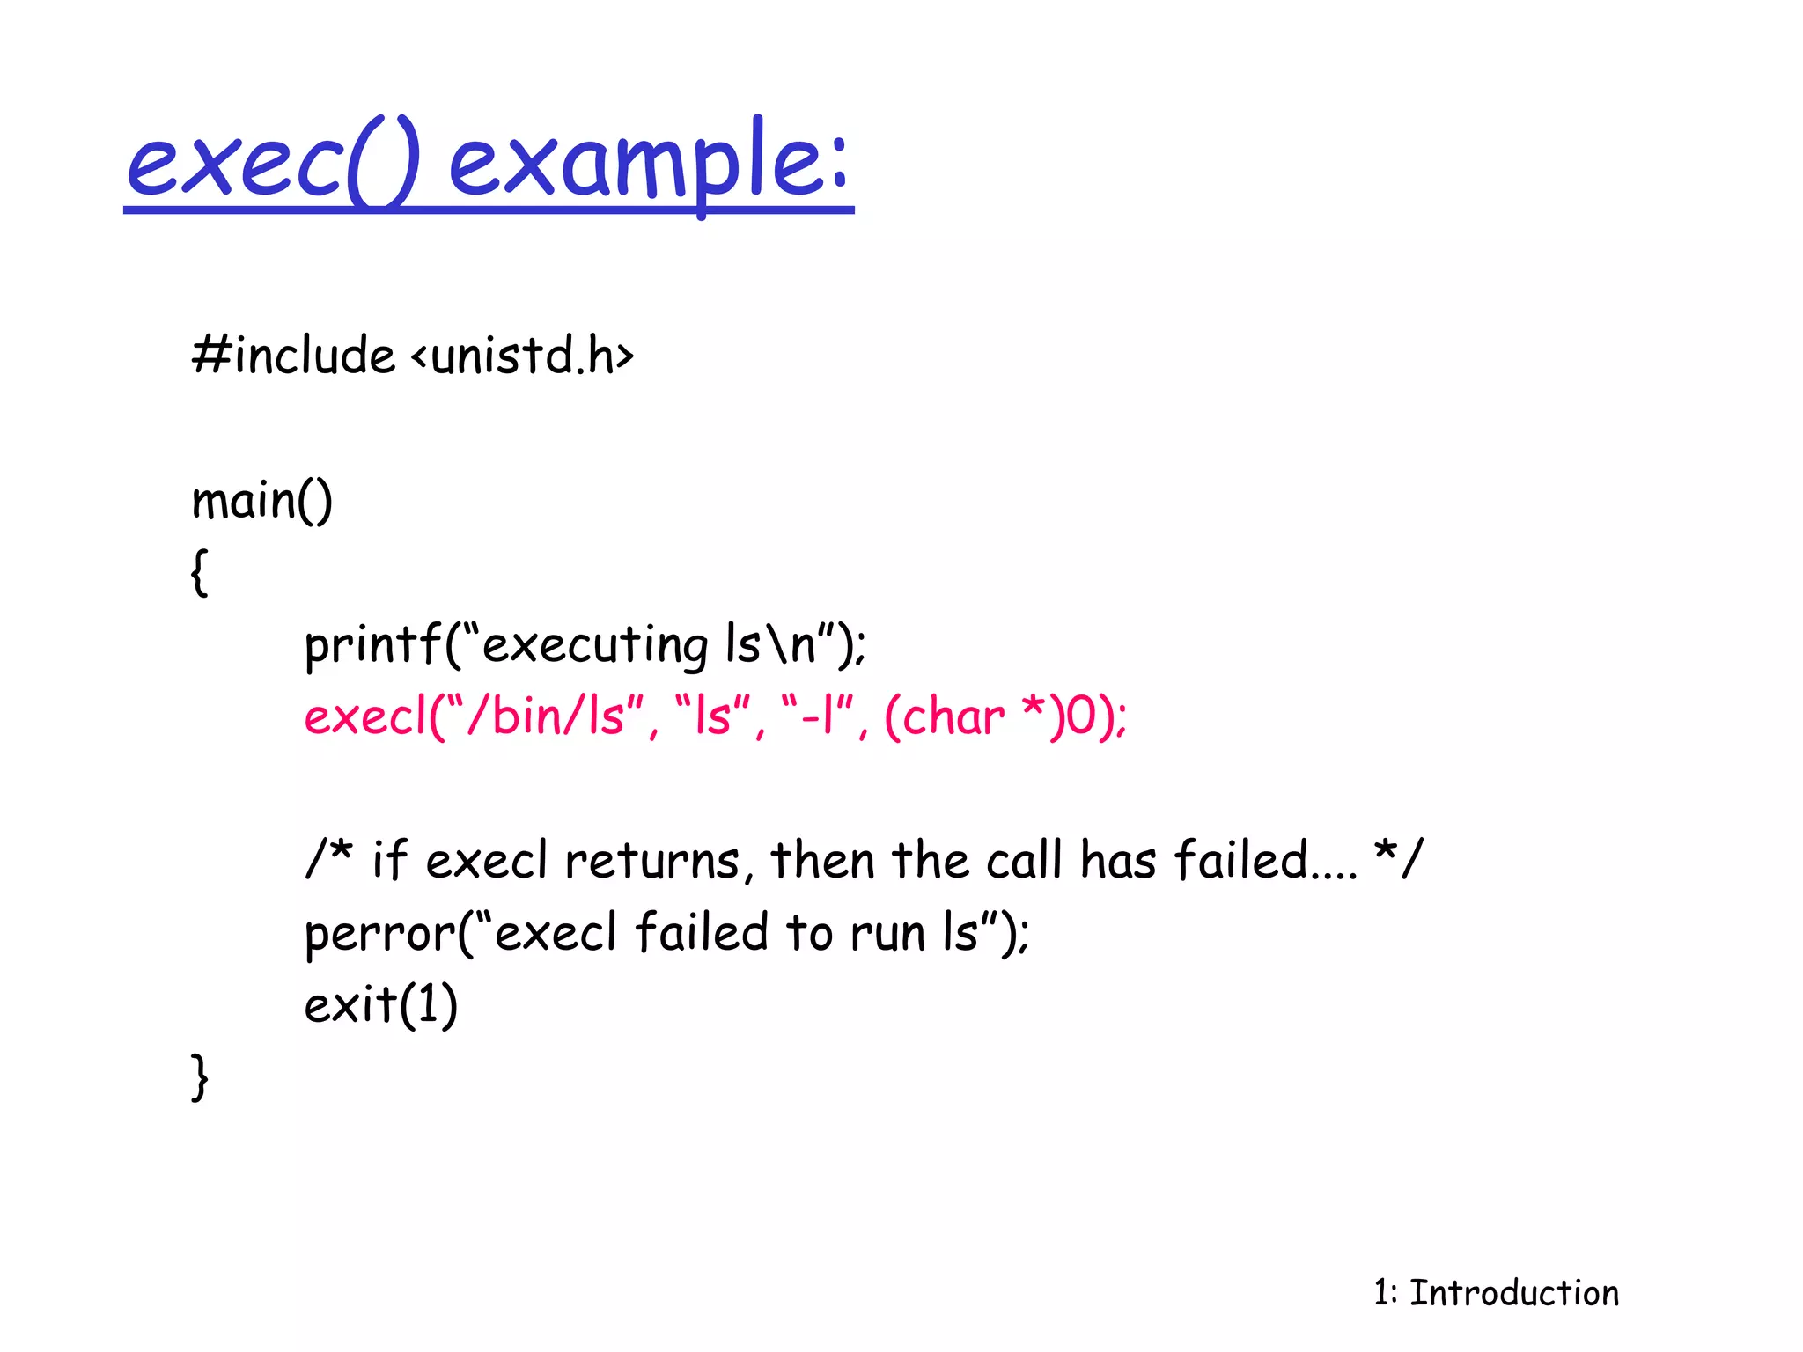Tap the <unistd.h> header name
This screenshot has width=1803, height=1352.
pyautogui.click(x=522, y=356)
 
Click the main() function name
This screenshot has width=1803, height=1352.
pyautogui.click(x=261, y=502)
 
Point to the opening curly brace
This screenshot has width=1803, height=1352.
pyautogui.click(x=200, y=573)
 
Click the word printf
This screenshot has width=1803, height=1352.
pyautogui.click(x=372, y=645)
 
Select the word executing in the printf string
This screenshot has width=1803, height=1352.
pyautogui.click(x=594, y=645)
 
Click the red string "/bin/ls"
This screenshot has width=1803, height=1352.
pyautogui.click(x=546, y=716)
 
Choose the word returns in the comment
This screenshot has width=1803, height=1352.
pyautogui.click(x=651, y=861)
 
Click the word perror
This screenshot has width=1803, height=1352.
pyautogui.click(x=379, y=933)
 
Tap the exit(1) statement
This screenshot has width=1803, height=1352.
pyautogui.click(x=380, y=1004)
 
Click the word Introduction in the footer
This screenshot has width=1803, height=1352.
pyautogui.click(x=1514, y=1293)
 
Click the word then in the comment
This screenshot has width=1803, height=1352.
pyautogui.click(x=822, y=861)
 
